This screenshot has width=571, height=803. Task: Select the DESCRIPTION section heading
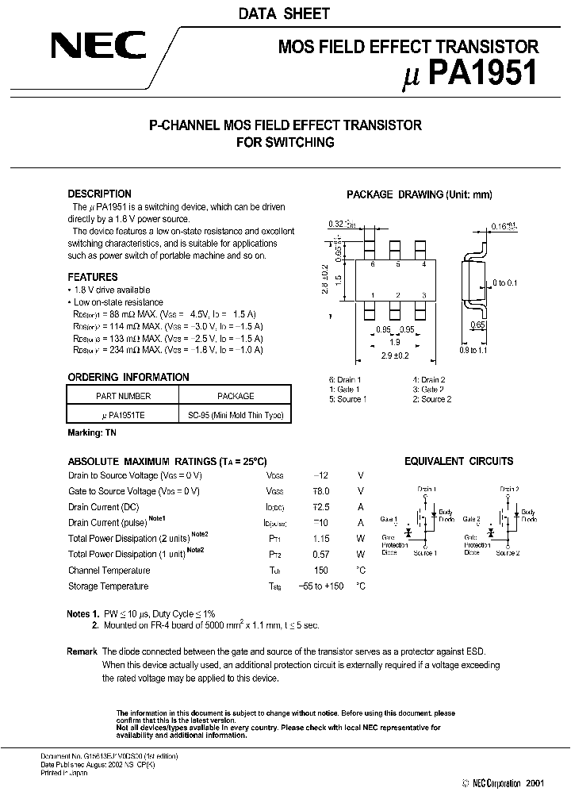pyautogui.click(x=99, y=194)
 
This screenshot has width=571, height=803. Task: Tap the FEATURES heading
pyautogui.click(x=93, y=277)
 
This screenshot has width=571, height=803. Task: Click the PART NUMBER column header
pyautogui.click(x=123, y=395)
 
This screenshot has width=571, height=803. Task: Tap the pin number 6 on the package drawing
pyautogui.click(x=372, y=264)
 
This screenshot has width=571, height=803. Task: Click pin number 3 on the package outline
pyautogui.click(x=424, y=295)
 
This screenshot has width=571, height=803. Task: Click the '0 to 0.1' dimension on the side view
pyautogui.click(x=504, y=282)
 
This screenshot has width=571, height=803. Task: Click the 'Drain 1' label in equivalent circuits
pyautogui.click(x=428, y=490)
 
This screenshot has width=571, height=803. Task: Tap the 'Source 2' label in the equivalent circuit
pyautogui.click(x=508, y=552)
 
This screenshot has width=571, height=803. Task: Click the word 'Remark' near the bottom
pyautogui.click(x=82, y=651)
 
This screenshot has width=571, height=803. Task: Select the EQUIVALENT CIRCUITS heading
pyautogui.click(x=458, y=461)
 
